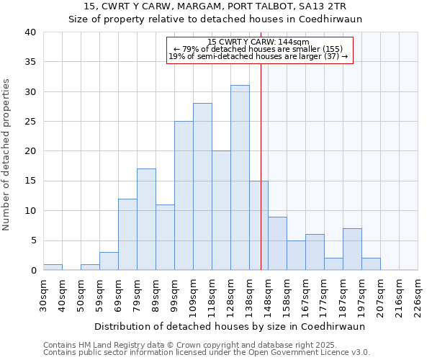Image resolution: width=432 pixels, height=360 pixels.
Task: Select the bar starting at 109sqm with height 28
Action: [202, 186]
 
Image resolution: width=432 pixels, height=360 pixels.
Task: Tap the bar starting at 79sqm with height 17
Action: [146, 220]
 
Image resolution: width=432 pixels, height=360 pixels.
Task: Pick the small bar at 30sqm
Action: [53, 267]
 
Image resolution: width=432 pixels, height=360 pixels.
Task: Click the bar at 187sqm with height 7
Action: [352, 249]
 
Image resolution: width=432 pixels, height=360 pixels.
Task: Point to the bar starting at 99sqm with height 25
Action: [184, 196]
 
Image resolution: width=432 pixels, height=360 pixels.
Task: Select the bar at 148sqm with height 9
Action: [277, 243]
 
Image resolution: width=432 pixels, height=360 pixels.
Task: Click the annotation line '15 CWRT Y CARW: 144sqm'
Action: [258, 42]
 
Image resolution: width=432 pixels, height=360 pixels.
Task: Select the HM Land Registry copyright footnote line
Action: [195, 345]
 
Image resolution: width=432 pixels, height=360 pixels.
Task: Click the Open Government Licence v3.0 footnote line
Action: [206, 352]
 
